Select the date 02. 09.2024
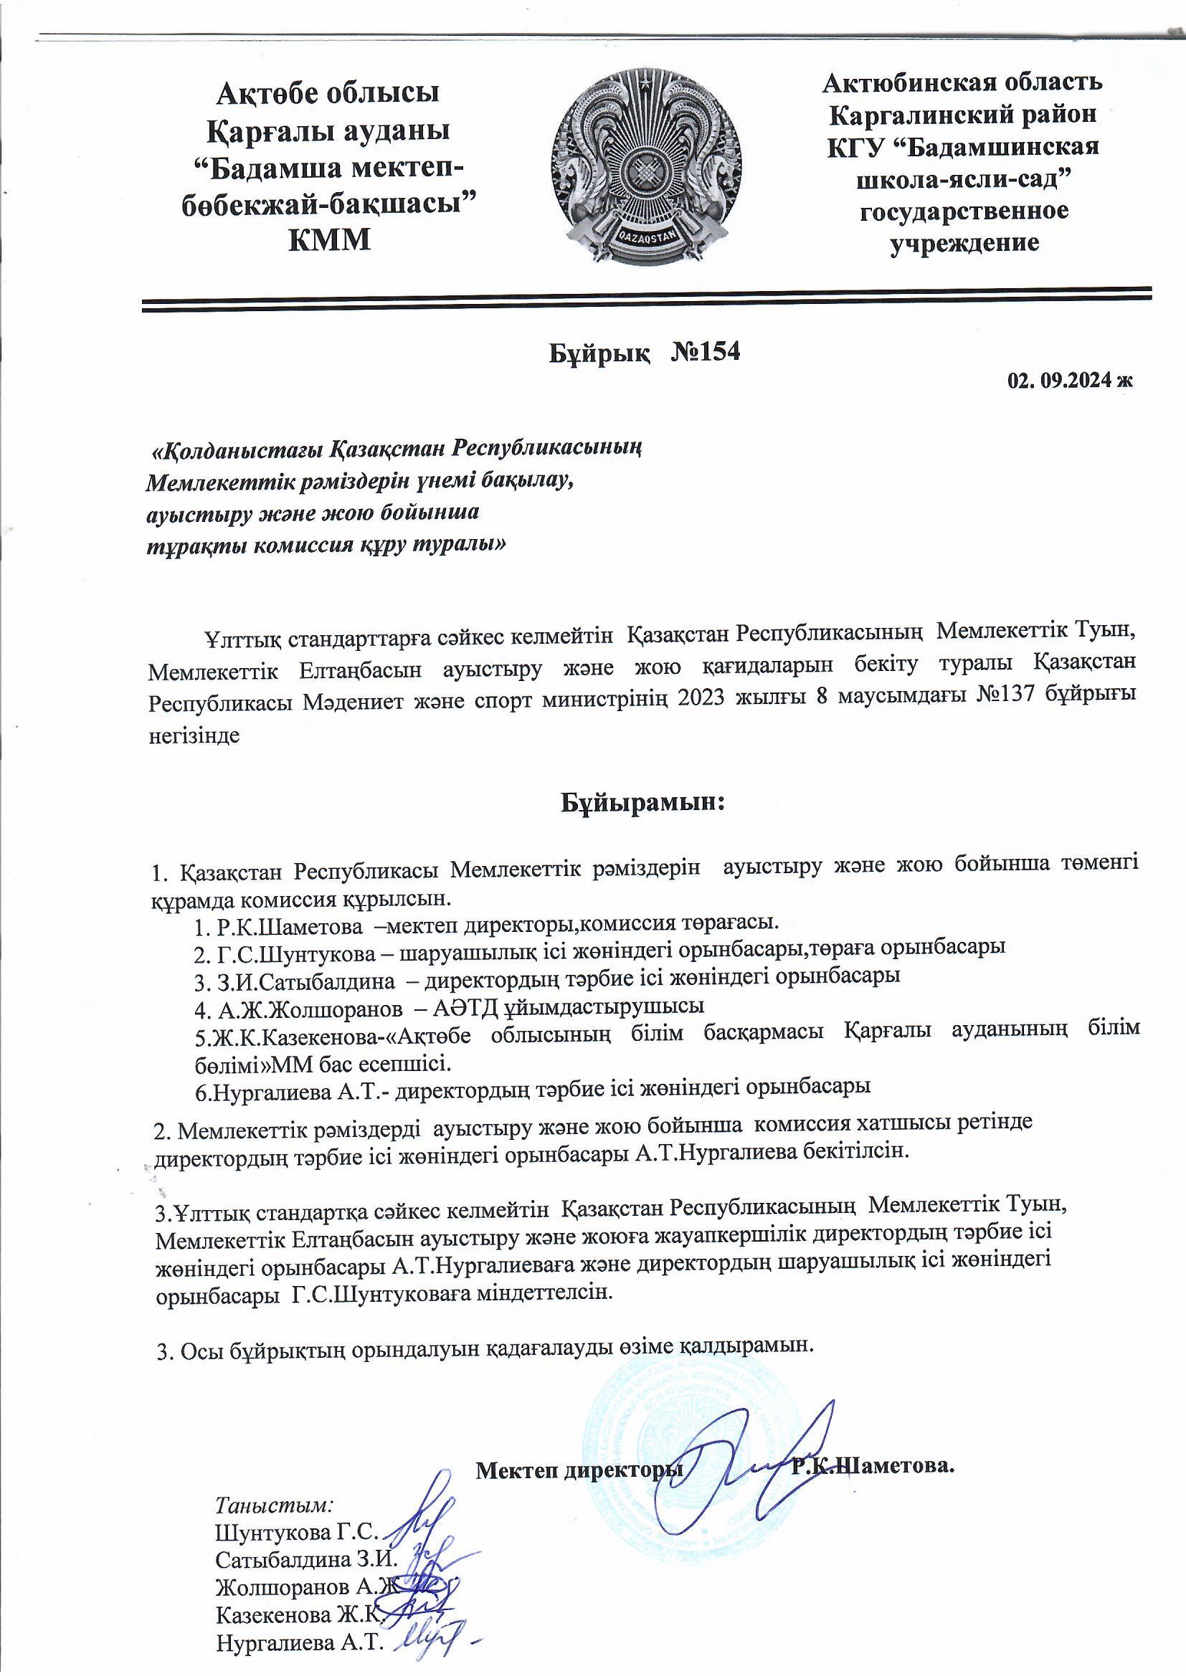[1063, 381]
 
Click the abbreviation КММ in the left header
[330, 239]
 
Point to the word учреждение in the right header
[964, 242]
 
